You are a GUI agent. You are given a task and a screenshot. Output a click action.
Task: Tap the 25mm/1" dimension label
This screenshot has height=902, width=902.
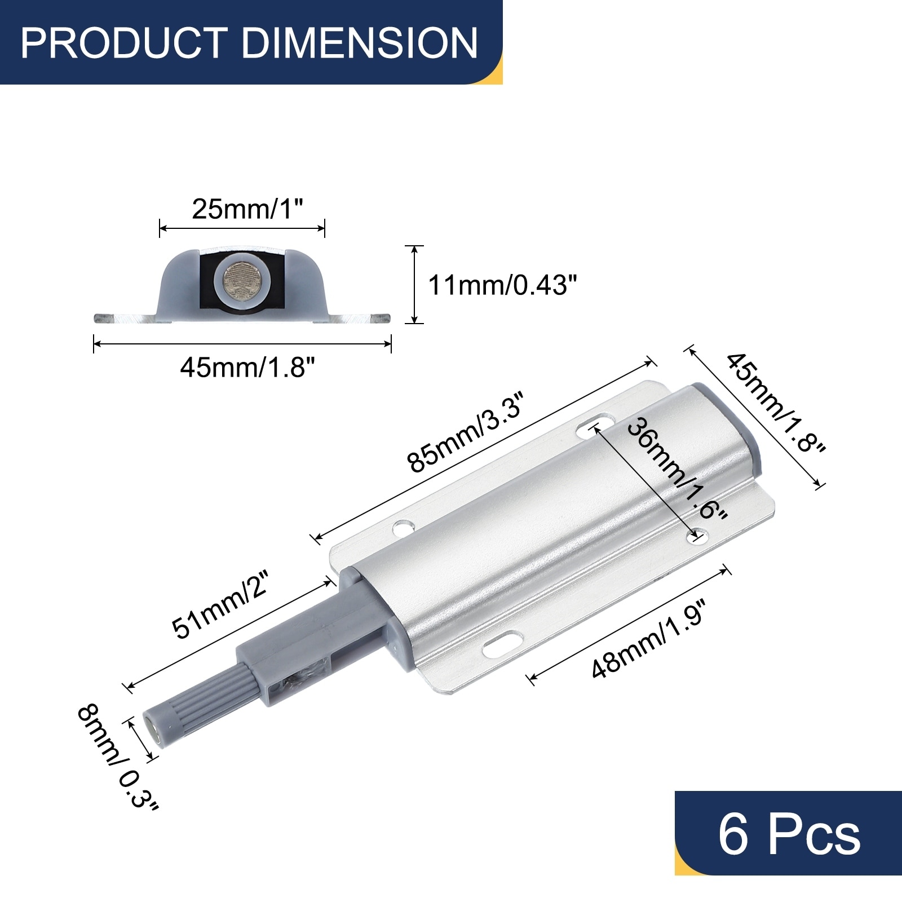click(247, 209)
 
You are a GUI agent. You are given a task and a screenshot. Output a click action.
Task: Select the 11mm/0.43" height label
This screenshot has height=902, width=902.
click(503, 285)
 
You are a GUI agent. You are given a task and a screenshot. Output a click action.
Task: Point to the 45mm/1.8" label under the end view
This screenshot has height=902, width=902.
click(247, 368)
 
